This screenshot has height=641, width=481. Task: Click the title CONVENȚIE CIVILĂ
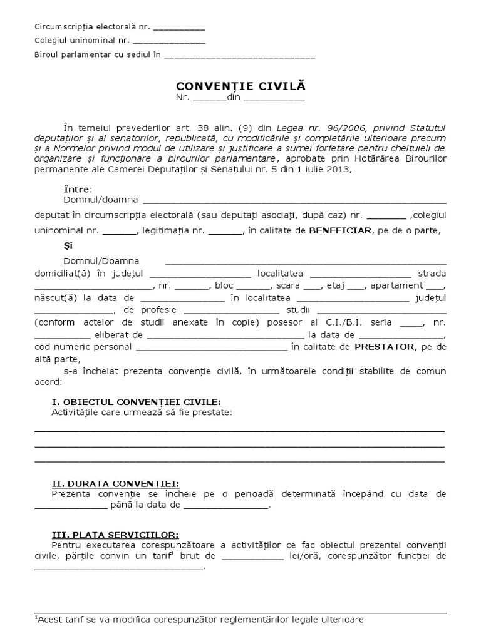[x=241, y=85]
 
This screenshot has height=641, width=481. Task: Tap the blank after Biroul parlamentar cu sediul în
[x=239, y=55]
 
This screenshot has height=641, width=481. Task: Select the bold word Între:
[x=78, y=189]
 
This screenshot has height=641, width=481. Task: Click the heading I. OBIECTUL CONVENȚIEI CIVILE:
[x=136, y=401]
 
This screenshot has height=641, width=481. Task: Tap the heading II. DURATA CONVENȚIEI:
[x=115, y=483]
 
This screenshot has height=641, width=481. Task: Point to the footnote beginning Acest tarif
[x=199, y=619]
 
